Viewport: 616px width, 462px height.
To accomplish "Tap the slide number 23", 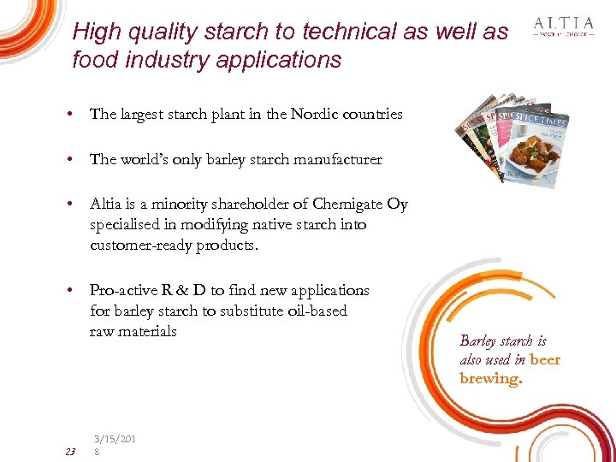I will (70, 451).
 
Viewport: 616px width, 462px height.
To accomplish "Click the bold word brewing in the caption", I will (490, 378).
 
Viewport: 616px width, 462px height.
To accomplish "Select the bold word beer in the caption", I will (545, 359).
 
